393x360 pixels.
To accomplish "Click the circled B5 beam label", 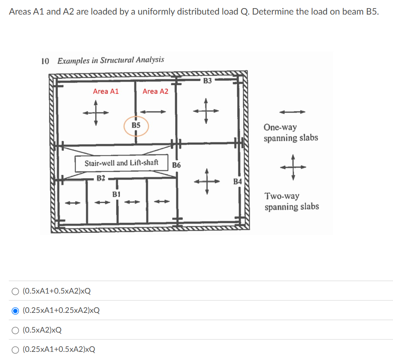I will (136, 126).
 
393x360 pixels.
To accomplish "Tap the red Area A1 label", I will (106, 91).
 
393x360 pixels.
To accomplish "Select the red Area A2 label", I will (155, 91).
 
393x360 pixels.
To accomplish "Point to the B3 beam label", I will (208, 81).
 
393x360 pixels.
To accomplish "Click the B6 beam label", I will (176, 165).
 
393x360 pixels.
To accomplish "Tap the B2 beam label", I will (101, 177).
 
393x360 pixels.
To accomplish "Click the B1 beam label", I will (116, 194).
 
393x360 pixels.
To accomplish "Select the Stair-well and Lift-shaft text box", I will (121, 163).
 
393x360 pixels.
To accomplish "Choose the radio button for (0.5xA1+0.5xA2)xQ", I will (15, 291).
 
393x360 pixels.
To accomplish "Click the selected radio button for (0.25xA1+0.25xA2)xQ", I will (15, 311).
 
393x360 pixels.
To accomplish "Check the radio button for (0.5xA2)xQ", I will (15, 330).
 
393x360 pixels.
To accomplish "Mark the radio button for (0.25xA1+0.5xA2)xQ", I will (15, 349).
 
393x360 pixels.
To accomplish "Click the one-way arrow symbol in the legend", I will (292, 112).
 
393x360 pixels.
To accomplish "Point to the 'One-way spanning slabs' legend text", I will (291, 133).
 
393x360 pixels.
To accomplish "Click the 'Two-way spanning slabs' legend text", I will (292, 201).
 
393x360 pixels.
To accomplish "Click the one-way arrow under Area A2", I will (154, 112).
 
